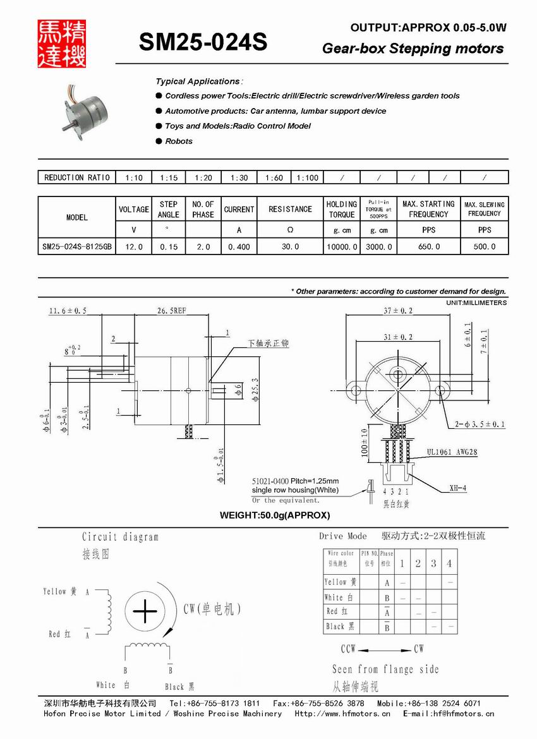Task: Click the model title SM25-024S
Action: click(203, 43)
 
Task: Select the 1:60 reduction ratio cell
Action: click(274, 177)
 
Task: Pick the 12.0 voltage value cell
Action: click(134, 247)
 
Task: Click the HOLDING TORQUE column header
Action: click(342, 209)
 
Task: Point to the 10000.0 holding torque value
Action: click(342, 247)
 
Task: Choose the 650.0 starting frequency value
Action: click(429, 247)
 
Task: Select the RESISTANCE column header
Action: click(290, 209)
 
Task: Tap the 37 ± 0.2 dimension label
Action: click(398, 311)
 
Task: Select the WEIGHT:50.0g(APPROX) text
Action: click(275, 515)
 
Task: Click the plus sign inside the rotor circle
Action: click(145, 611)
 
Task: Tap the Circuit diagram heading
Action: click(120, 537)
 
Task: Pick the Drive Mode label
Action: click(342, 536)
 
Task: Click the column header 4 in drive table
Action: click(449, 563)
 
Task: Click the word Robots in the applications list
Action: click(179, 141)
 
